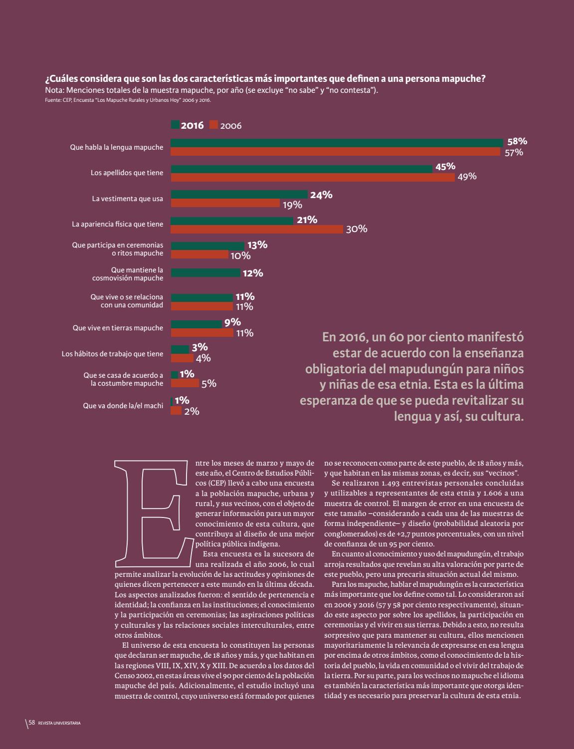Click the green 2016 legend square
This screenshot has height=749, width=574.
(175, 125)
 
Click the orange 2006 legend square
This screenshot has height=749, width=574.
(214, 125)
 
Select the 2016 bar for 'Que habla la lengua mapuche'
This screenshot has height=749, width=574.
(337, 143)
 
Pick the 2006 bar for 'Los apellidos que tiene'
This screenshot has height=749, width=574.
(313, 177)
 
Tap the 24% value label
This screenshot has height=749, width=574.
(321, 195)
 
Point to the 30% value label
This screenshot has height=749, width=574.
(356, 229)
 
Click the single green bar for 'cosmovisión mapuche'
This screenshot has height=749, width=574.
(205, 273)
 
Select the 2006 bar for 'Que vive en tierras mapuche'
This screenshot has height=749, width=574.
(202, 333)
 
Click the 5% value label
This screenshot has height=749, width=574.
(208, 384)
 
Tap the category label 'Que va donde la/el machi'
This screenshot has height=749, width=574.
(123, 406)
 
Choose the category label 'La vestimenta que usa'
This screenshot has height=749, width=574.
(127, 199)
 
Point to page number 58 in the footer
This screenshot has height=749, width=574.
(31, 723)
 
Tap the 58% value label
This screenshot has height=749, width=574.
(517, 141)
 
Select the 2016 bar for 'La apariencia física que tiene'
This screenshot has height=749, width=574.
(232, 221)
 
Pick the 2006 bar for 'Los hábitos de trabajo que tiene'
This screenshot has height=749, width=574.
(182, 358)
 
